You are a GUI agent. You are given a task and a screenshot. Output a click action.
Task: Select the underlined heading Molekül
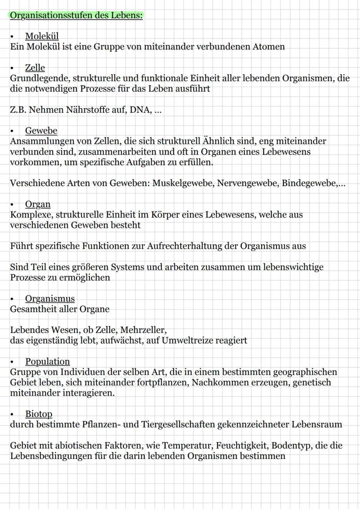tap(42, 36)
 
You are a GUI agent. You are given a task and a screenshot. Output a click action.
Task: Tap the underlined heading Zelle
tap(35, 68)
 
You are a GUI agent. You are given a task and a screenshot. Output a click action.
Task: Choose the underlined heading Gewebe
tap(41, 131)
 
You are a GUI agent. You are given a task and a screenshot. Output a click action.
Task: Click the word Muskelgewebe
tap(182, 183)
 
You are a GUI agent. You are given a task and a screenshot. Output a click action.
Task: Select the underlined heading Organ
tap(38, 204)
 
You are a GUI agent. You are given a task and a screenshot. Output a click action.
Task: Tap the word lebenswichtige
tap(293, 267)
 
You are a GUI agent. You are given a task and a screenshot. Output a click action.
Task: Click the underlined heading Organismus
tap(50, 299)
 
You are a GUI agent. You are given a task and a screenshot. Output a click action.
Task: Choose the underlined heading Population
tap(47, 362)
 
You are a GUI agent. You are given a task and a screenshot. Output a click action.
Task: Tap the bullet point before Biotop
tap(13, 414)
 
